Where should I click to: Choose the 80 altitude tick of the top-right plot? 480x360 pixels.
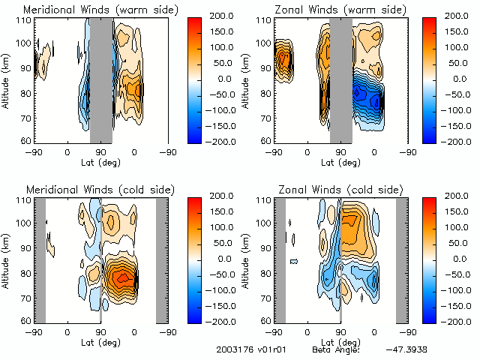[x=268, y=93]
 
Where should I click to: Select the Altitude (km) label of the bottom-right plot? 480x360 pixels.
[x=250, y=259]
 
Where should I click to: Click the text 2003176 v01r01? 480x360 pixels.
[x=245, y=349]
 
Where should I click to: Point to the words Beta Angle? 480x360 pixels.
[x=336, y=349]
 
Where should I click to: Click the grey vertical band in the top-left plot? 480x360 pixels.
[x=101, y=79]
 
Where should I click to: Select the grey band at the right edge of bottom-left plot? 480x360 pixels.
[x=162, y=259]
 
